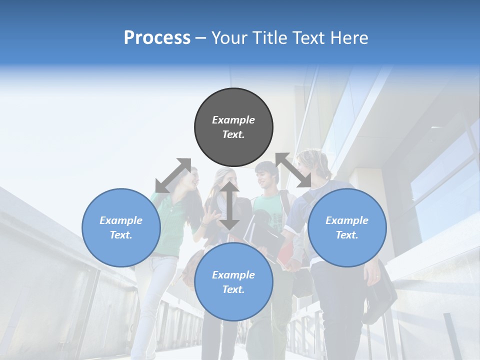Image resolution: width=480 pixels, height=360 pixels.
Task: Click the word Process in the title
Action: coord(157,38)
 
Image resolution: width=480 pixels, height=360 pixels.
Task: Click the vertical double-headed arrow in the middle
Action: coord(229,205)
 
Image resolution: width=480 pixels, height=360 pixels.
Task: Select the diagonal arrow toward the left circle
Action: coord(173,175)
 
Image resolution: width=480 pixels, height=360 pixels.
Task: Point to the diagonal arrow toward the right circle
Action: coord(293,170)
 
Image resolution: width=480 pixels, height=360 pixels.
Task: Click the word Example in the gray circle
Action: coord(233,120)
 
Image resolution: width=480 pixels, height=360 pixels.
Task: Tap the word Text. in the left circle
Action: coord(121,235)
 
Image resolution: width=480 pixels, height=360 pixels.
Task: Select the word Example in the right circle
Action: coord(347,220)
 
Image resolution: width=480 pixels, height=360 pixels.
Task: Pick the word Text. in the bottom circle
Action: coord(233,289)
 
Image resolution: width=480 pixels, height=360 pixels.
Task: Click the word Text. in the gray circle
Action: coord(233,134)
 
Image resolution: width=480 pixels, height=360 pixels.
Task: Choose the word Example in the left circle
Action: coord(121,220)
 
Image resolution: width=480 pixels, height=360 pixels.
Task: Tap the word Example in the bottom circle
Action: coord(233,275)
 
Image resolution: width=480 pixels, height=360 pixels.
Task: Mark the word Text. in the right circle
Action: coord(347,235)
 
